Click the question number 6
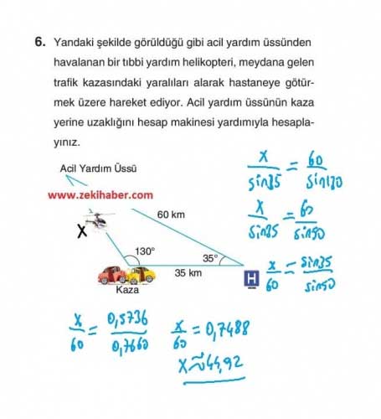pos(39,40)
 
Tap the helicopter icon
pos(101,221)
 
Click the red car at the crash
pos(112,275)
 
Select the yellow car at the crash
pos(141,274)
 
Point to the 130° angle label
pos(145,251)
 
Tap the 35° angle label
pos(210,258)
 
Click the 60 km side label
pos(171,215)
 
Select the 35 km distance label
pos(188,273)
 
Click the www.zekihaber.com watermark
pos(100,194)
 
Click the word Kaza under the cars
pos(127,291)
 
